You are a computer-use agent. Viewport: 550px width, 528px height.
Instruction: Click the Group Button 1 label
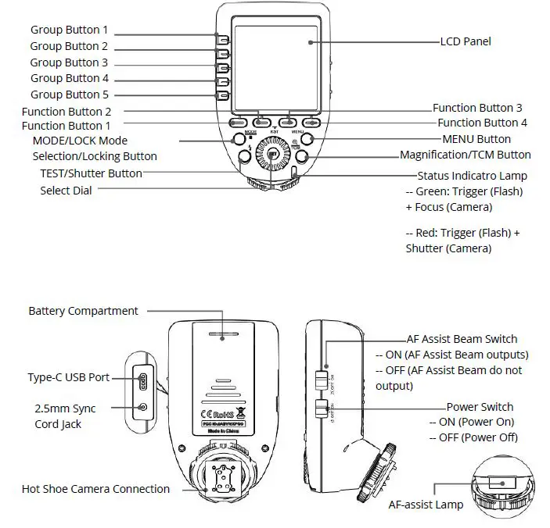click(69, 30)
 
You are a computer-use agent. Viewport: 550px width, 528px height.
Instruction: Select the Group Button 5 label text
click(69, 95)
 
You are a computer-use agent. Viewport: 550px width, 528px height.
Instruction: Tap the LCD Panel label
click(466, 41)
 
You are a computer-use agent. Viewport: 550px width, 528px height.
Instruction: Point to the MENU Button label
click(476, 139)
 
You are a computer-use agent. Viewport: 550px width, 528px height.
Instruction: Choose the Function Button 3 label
click(477, 108)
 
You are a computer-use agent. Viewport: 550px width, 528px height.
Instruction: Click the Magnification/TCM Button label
click(465, 155)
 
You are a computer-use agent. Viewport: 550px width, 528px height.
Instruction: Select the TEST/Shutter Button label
click(92, 173)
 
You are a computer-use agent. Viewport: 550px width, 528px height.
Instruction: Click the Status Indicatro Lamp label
click(472, 176)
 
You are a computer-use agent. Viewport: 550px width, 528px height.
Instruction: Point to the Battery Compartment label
click(83, 311)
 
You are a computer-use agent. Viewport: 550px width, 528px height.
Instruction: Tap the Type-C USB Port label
click(68, 377)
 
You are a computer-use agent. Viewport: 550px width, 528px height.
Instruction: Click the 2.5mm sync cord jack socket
click(142, 407)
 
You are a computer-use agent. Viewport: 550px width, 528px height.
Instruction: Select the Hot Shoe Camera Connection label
click(95, 489)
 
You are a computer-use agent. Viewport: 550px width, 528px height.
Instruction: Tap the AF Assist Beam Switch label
click(462, 339)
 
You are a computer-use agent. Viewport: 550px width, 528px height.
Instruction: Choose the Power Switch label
click(480, 407)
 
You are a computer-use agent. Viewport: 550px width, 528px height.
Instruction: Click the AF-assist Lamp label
click(426, 505)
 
